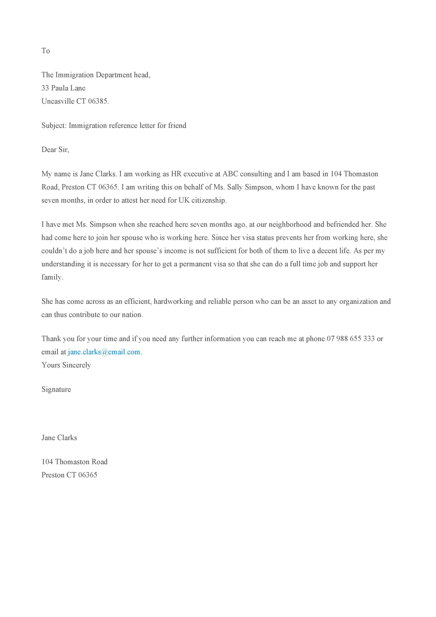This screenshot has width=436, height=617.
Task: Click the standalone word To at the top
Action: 46,51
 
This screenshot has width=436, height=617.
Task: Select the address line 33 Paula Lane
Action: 63,88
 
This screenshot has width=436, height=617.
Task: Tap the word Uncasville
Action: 58,101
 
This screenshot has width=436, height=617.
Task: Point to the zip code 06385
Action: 98,101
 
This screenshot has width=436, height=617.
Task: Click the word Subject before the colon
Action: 54,125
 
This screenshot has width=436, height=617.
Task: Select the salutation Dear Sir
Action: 55,149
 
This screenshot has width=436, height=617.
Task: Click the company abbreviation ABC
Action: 230,174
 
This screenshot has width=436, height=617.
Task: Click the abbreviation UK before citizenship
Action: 184,200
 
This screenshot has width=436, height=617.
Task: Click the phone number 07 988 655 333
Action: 351,339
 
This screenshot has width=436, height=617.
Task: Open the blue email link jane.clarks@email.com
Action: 104,352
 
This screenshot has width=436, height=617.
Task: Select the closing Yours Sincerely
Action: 66,365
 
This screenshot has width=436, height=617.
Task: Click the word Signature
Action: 56,389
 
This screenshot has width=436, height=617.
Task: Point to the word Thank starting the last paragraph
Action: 51,339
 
